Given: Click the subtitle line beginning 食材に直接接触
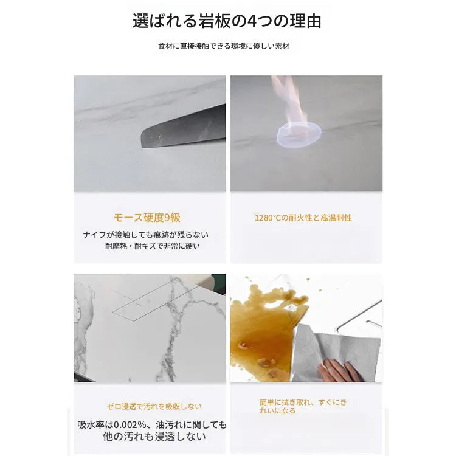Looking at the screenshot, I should (x=227, y=46).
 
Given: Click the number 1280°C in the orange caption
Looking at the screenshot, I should (x=268, y=217).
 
